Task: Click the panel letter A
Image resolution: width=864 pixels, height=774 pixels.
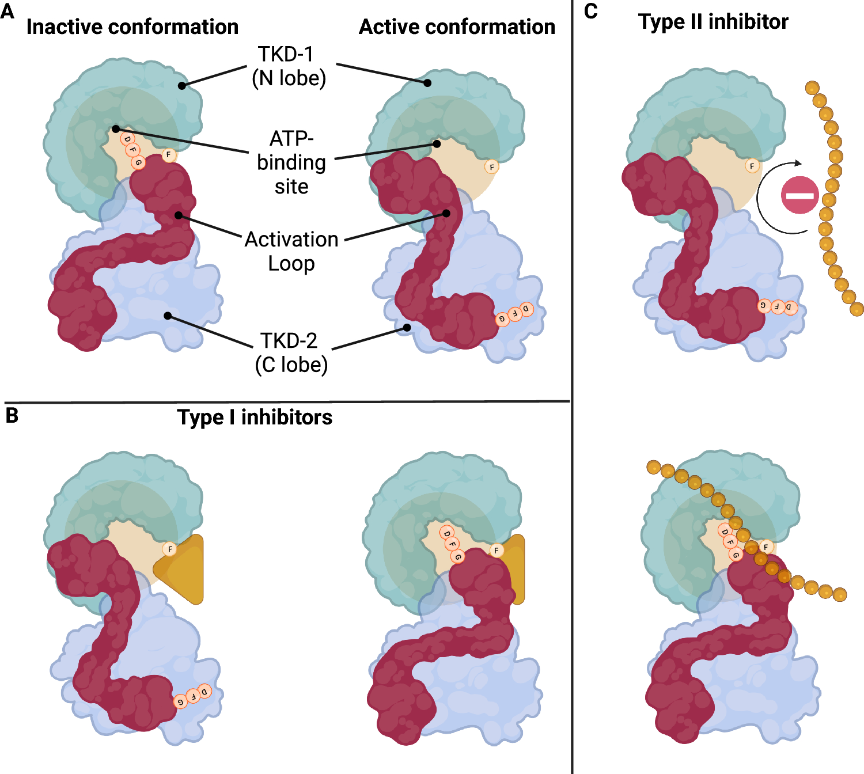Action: point(7,10)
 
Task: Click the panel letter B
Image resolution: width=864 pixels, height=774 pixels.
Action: point(12,415)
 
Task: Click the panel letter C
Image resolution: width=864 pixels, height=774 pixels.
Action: point(591,12)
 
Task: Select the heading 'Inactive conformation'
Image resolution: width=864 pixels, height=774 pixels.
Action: point(132,27)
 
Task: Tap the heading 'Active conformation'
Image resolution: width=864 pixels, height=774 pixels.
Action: point(457,27)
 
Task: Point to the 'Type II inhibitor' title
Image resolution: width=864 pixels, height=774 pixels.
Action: point(713,22)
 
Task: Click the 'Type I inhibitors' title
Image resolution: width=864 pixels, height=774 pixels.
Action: point(255,418)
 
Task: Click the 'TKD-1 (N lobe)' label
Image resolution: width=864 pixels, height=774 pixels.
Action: point(289,66)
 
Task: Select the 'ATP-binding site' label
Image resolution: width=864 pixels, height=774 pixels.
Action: point(291,162)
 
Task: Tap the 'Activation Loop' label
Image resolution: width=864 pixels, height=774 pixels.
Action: point(291,251)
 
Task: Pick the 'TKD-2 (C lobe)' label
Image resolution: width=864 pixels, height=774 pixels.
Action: point(291,352)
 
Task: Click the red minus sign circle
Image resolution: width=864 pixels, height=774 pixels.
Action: point(800,195)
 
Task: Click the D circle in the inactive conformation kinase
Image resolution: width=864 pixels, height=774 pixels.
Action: point(127,139)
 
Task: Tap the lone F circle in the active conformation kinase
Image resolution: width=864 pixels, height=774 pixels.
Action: point(491,167)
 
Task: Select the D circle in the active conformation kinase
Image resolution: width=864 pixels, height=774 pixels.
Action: point(526,309)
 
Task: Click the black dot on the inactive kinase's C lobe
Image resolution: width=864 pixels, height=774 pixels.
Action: point(168,316)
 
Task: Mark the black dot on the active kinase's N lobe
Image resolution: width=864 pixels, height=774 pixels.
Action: point(427,83)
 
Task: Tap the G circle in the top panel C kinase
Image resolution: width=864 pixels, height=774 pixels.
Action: point(764,305)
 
